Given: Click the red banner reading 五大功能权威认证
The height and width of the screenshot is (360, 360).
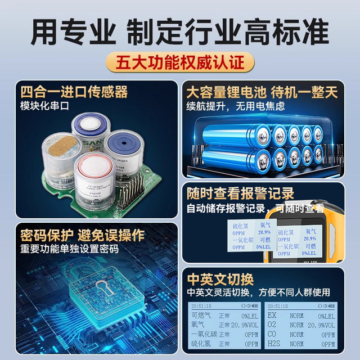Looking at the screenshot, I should coord(179,62).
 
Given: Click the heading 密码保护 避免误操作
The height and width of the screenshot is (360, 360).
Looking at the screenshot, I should coord(82,235).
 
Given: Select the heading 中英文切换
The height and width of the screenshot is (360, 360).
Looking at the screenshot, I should coord(220,278).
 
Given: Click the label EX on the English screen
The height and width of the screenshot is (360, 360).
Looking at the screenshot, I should coord(272,316).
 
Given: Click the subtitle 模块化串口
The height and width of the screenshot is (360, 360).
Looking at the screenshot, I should coord(43,106).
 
